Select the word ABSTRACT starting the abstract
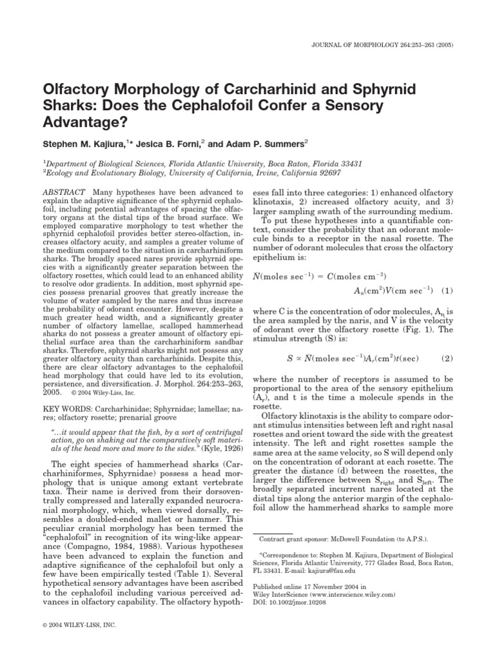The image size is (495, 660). coord(65,192)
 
